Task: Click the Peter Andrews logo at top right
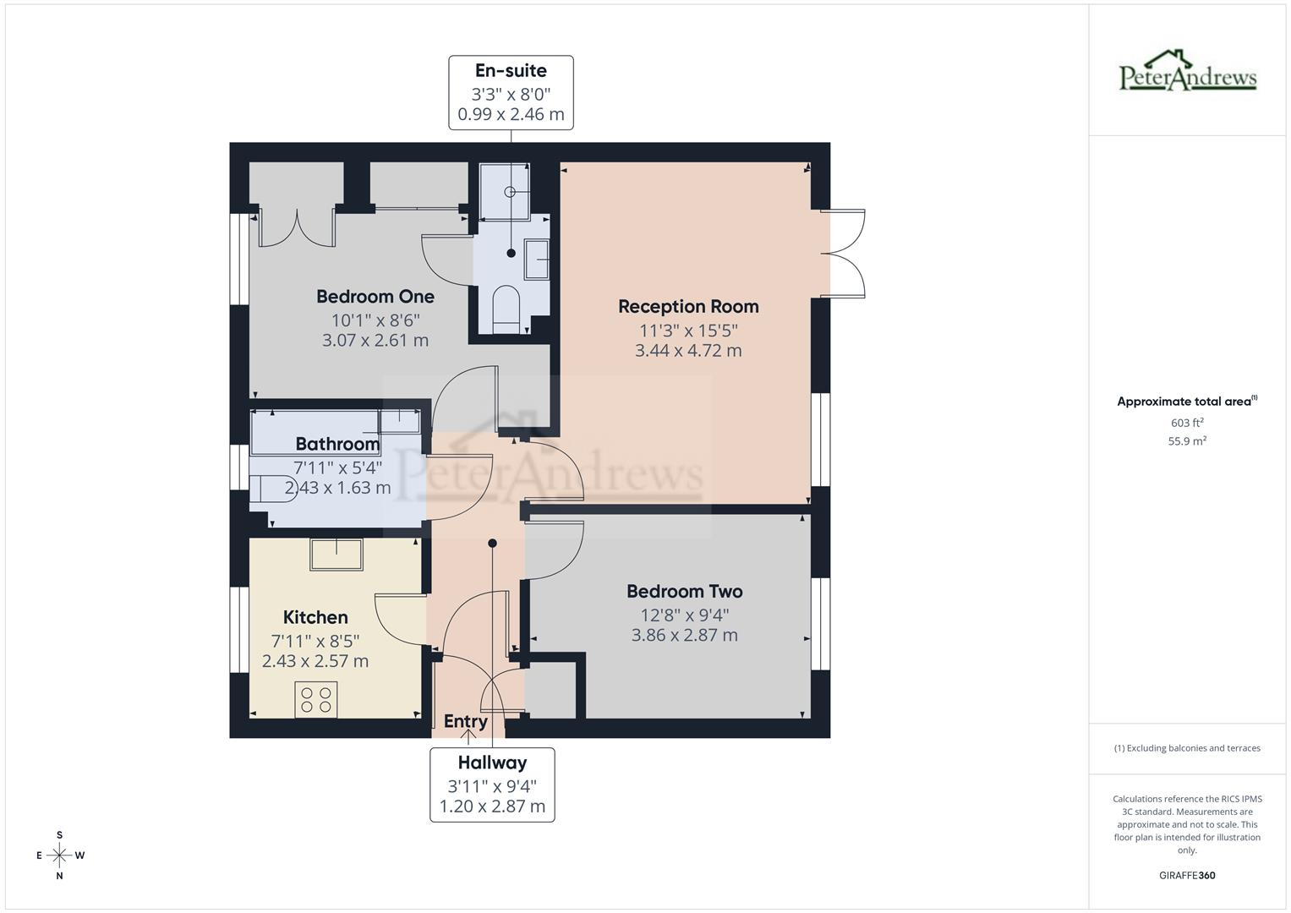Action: click(1187, 71)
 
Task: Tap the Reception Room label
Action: click(688, 306)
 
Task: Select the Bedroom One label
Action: click(375, 297)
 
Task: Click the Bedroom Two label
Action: click(684, 592)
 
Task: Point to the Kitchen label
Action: click(315, 617)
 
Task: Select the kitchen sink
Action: click(336, 555)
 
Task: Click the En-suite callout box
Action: click(511, 93)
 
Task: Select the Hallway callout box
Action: click(492, 785)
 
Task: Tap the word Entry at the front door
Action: click(466, 721)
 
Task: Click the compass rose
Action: click(59, 856)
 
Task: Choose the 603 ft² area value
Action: click(1186, 423)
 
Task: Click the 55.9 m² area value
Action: click(1186, 441)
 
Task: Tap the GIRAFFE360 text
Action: click(1186, 876)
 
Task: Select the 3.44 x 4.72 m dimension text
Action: click(688, 351)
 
